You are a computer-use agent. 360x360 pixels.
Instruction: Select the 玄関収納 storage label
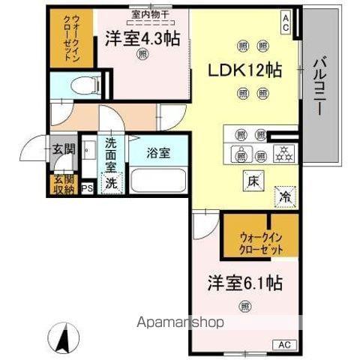(x=63, y=184)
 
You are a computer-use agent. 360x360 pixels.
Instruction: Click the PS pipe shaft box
(x=87, y=189)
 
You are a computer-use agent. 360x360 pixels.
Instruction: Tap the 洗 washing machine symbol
(x=111, y=184)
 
